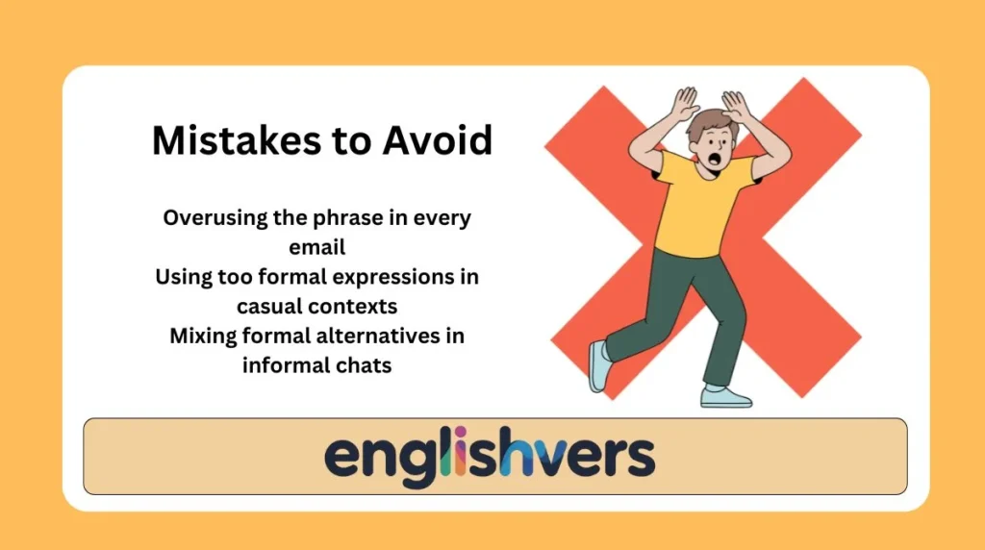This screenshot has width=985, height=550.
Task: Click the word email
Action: [317, 247]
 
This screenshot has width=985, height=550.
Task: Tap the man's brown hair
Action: [708, 122]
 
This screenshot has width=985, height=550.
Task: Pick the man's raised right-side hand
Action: [736, 103]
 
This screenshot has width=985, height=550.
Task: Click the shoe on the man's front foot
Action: [725, 396]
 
